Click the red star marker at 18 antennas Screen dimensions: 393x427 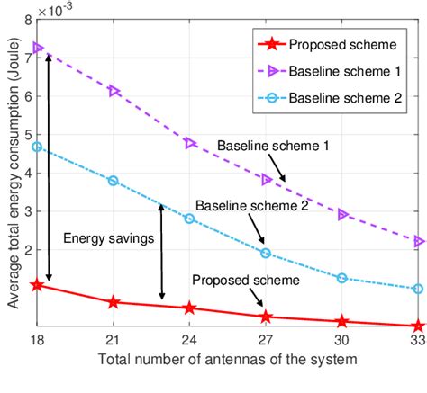point(37,285)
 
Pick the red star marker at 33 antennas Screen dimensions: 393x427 point(418,326)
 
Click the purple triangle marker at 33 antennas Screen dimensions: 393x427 point(418,241)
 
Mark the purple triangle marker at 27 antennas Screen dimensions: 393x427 point(266,180)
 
